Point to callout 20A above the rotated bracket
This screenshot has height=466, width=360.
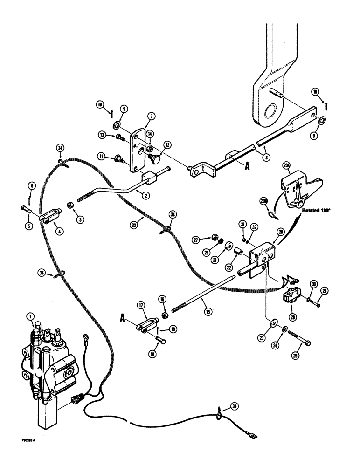click(x=286, y=164)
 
